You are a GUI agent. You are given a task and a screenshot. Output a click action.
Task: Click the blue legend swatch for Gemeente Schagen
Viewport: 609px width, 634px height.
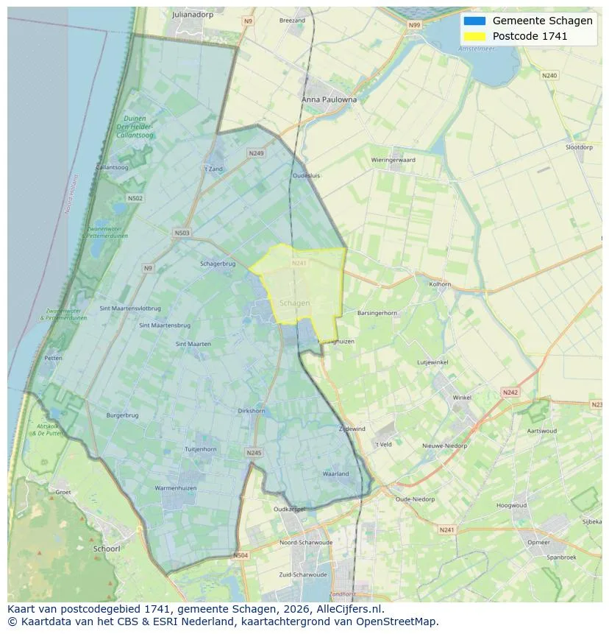tap(474, 21)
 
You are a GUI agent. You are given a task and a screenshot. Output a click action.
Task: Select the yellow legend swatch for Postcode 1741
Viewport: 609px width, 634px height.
tap(474, 36)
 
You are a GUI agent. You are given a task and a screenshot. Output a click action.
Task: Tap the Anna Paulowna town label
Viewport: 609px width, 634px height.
tap(329, 99)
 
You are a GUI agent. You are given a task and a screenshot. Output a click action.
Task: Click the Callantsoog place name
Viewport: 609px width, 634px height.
tap(113, 167)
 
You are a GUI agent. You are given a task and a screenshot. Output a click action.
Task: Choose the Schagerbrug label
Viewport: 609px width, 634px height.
tap(218, 264)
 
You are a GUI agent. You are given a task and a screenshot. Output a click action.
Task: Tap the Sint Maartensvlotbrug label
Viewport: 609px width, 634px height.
tap(130, 308)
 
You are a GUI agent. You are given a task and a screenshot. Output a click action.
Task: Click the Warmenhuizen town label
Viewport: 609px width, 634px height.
tap(175, 488)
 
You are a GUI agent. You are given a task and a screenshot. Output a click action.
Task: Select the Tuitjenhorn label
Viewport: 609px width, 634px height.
tap(200, 448)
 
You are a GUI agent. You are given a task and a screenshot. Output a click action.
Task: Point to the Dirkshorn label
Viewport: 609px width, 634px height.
tap(252, 411)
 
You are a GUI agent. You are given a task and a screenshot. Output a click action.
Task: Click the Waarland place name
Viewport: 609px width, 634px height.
tap(335, 473)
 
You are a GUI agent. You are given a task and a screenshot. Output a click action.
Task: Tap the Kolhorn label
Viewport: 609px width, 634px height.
tap(440, 283)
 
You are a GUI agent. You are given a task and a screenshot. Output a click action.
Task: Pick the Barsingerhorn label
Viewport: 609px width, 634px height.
tap(377, 313)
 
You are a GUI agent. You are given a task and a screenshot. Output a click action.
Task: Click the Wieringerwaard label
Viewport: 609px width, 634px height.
tap(393, 160)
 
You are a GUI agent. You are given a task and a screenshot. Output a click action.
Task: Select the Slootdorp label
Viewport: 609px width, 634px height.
tap(579, 147)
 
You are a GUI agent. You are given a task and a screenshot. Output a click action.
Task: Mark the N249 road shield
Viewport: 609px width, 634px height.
tap(256, 153)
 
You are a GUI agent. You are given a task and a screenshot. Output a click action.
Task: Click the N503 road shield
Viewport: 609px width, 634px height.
tap(182, 233)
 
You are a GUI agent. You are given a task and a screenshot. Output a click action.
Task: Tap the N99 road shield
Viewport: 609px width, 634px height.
tap(415, 25)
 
